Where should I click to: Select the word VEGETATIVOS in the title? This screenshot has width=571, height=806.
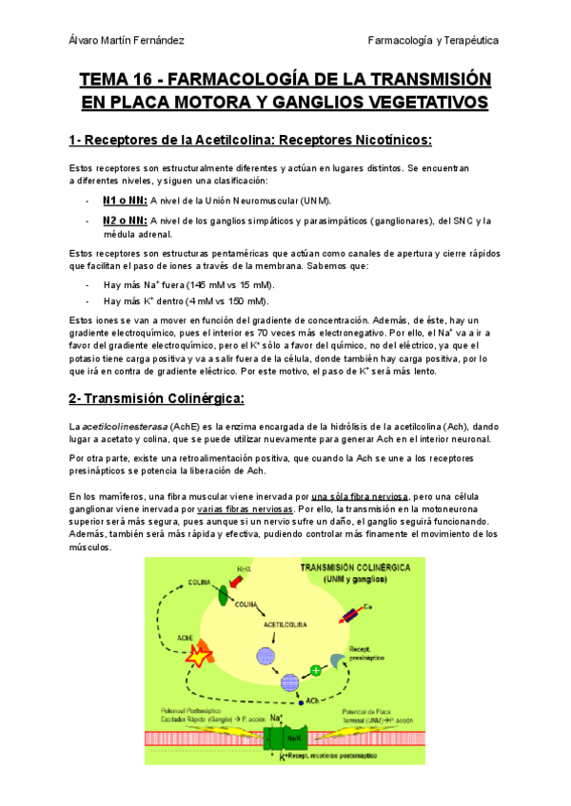coord(426,102)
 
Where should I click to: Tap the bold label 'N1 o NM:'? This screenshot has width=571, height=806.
coord(124,201)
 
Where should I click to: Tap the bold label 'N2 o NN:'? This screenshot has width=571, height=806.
coord(124,221)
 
